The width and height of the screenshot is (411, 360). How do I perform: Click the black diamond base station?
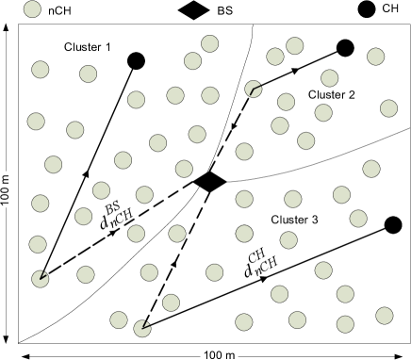[208, 182]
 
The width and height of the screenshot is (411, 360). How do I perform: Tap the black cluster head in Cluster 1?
[136, 60]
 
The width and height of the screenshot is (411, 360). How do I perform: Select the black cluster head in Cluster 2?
[345, 48]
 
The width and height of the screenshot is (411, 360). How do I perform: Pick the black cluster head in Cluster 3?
[393, 224]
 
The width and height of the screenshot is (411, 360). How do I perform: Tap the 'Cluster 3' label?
[294, 220]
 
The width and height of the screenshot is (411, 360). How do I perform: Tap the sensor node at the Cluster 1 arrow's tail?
[40, 277]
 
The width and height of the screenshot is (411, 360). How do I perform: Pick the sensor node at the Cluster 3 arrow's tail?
[142, 329]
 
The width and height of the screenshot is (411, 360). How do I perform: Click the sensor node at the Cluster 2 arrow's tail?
[253, 89]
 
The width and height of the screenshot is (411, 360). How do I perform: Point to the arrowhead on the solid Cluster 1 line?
[87, 173]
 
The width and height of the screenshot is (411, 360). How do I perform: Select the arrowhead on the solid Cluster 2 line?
[296, 69]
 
